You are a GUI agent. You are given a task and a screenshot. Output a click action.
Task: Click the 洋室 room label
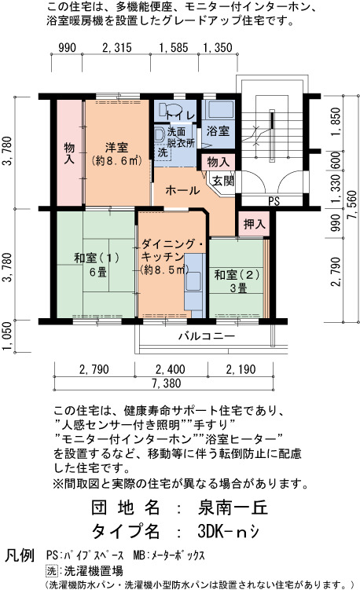click(117, 147)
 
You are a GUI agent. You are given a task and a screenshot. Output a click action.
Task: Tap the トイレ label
click(180, 115)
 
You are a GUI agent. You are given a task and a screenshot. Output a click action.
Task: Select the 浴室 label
click(218, 131)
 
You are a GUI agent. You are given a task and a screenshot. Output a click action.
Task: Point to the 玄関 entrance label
click(223, 181)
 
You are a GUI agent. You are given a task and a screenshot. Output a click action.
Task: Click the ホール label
click(182, 190)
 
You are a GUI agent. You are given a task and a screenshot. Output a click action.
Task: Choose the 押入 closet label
click(255, 224)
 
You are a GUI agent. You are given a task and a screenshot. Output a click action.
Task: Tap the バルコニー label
click(207, 335)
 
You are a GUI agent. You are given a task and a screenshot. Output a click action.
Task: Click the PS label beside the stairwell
click(274, 202)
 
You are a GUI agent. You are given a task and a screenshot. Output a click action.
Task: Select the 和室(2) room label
click(237, 275)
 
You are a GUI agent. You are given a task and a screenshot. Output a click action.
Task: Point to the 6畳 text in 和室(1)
click(98, 272)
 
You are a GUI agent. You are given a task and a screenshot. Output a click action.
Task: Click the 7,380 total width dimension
click(167, 383)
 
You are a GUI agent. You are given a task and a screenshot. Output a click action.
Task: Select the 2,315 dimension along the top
click(117, 48)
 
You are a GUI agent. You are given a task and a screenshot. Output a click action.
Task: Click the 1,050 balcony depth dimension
click(8, 336)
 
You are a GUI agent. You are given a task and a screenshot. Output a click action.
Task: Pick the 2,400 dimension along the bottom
click(171, 369)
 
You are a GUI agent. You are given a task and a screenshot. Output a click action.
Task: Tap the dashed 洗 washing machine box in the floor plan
click(163, 152)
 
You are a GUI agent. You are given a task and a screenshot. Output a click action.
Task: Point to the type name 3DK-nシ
click(228, 531)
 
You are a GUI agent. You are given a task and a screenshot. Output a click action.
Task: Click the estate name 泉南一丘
click(233, 508)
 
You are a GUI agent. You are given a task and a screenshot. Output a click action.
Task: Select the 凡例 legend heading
click(19, 555)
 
